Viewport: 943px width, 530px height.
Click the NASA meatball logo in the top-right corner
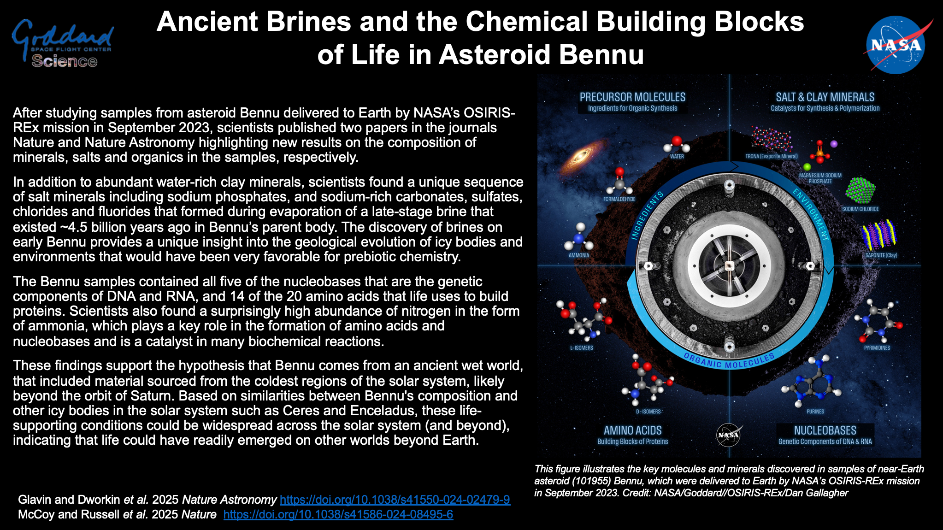896,45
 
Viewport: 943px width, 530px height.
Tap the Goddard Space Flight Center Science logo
63,44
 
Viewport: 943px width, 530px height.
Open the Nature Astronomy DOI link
395,500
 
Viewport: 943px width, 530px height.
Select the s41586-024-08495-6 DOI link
338,514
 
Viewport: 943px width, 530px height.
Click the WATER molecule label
677,157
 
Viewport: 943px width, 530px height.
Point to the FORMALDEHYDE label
619,199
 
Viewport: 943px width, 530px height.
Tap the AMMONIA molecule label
579,255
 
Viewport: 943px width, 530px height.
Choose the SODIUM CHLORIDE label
860,209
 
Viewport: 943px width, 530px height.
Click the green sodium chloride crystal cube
860,190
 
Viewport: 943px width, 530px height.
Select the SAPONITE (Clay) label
881,255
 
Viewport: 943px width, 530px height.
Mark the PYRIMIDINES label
877,348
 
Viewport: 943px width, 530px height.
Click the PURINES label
815,412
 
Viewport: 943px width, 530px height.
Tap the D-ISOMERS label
648,412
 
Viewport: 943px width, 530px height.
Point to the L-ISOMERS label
582,348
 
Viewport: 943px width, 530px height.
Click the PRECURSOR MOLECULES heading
632,97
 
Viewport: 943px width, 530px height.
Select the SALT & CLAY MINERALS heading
825,97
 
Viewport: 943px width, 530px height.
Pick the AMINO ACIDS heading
632,430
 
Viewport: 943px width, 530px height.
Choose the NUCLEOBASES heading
825,430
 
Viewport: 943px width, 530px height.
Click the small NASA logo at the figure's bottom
729,435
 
